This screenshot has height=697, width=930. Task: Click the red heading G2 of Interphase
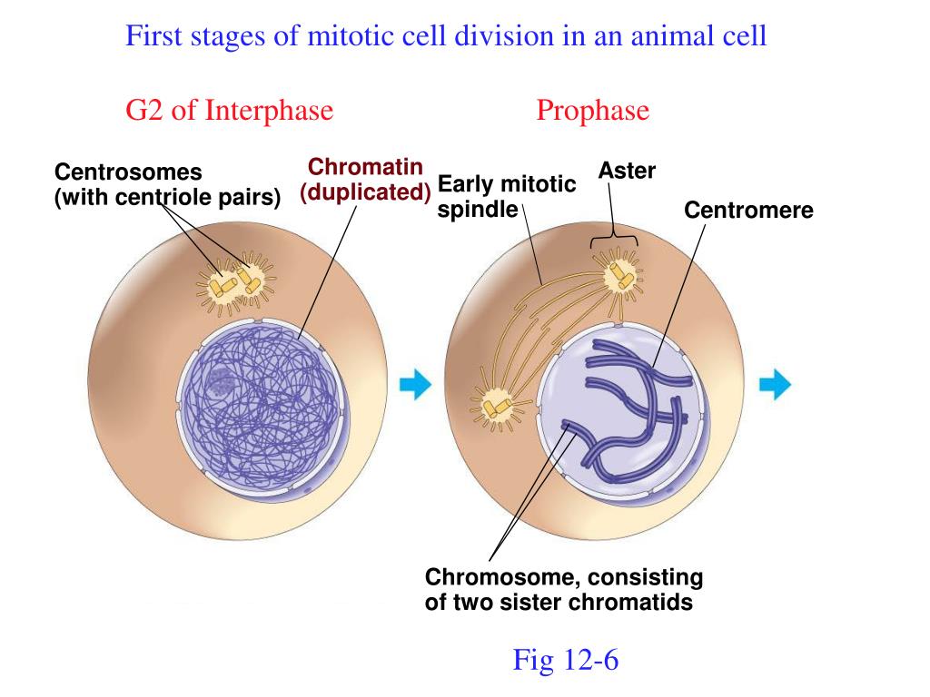(x=229, y=110)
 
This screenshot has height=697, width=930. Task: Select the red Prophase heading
(x=592, y=110)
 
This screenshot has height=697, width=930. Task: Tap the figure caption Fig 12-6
(x=565, y=660)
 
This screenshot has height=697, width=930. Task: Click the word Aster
(x=627, y=171)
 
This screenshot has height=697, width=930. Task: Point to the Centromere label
(x=748, y=211)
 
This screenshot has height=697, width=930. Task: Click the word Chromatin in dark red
(x=365, y=167)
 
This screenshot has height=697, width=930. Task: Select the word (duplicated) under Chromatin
(x=365, y=192)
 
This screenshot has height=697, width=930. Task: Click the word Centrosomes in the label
(x=128, y=172)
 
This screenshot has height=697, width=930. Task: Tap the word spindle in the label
(x=478, y=210)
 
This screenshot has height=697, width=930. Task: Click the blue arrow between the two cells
(x=415, y=385)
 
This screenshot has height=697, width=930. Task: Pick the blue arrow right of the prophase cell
(x=776, y=384)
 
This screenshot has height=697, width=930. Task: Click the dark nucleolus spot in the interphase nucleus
(x=222, y=382)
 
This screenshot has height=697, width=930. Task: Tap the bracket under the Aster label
(x=614, y=240)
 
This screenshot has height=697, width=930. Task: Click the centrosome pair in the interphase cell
(x=235, y=282)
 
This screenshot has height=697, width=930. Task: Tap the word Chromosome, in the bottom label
(x=500, y=577)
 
